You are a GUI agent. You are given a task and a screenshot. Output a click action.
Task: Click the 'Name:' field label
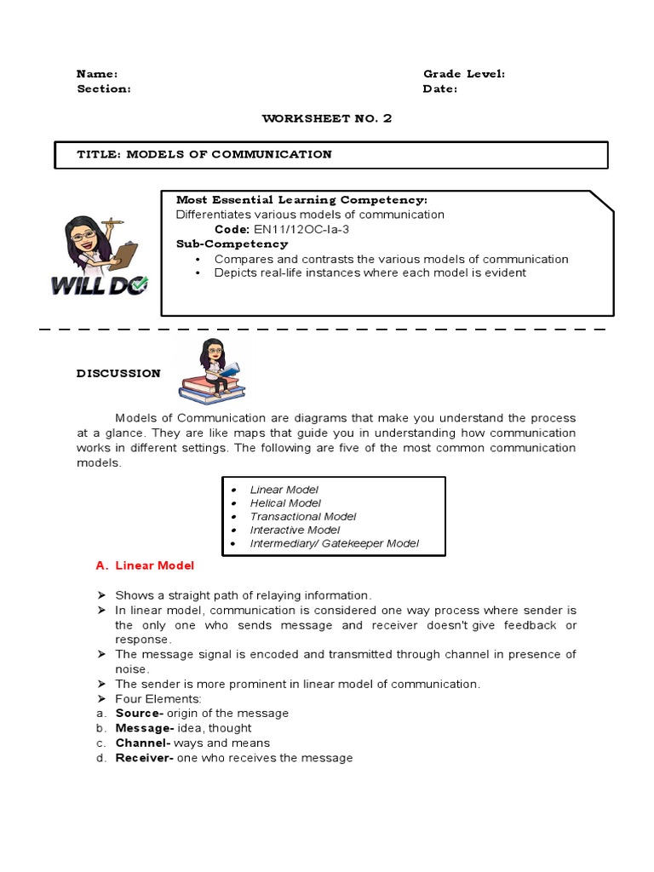pyautogui.click(x=97, y=74)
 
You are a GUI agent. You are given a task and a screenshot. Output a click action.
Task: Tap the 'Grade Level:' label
pyautogui.click(x=463, y=74)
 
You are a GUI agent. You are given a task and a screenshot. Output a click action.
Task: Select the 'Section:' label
pyautogui.click(x=104, y=89)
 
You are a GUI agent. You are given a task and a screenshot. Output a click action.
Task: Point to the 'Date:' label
pyautogui.click(x=439, y=89)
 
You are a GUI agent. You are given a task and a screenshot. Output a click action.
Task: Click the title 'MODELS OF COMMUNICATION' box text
pyautogui.click(x=204, y=154)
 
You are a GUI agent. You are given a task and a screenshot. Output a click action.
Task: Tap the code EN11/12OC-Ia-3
pyautogui.click(x=295, y=229)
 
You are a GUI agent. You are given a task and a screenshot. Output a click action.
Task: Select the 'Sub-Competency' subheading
pyautogui.click(x=221, y=244)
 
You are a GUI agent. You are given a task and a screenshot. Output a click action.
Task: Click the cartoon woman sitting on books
pyautogui.click(x=213, y=369)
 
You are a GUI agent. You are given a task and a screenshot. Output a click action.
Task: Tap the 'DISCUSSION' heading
pyautogui.click(x=118, y=373)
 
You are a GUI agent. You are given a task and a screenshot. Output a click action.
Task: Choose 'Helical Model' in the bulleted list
pyautogui.click(x=285, y=503)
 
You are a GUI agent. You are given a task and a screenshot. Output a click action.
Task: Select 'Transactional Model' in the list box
pyautogui.click(x=302, y=517)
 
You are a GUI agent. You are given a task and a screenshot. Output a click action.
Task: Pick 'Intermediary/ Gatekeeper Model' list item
pyautogui.click(x=334, y=543)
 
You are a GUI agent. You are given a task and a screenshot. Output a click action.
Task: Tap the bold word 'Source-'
pyautogui.click(x=139, y=713)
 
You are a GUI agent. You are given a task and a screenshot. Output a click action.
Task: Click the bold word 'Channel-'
pyautogui.click(x=143, y=743)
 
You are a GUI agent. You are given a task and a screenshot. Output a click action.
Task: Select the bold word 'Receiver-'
pyautogui.click(x=144, y=758)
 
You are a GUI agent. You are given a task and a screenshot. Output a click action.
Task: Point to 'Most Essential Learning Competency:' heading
pyautogui.click(x=301, y=200)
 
